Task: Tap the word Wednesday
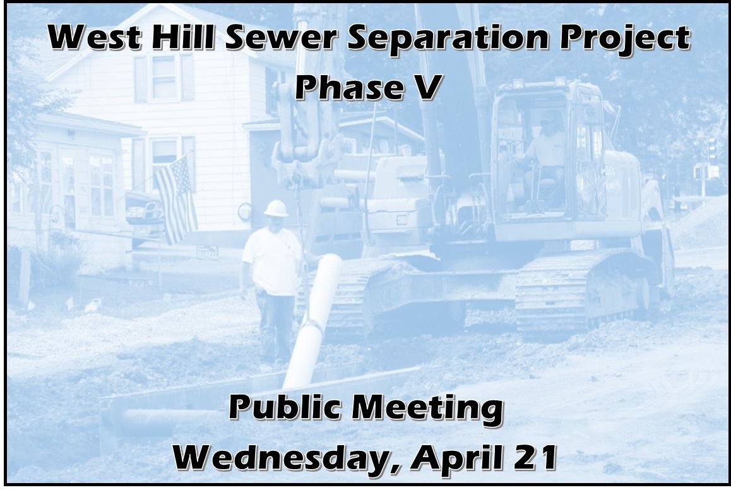[x=280, y=457]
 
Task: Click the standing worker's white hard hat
[x=276, y=208]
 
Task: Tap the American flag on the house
[x=175, y=197]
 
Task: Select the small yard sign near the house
[x=206, y=252]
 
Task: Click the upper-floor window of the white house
[x=163, y=77]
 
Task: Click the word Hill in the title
[x=186, y=39]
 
